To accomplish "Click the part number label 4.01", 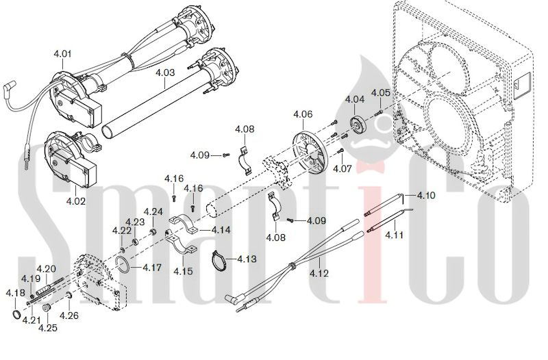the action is coord(62,54).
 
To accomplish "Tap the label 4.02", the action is coord(76,201).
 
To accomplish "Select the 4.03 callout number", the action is coord(165,73).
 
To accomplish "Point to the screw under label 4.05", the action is coord(378,112).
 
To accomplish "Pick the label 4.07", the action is coord(342,168).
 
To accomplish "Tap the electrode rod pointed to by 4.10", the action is coord(383,204).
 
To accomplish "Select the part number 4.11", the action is coord(395,235).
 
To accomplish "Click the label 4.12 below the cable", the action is coord(319,273).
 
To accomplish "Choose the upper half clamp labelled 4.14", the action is coord(184,224).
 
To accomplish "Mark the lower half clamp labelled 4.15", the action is coord(181,244).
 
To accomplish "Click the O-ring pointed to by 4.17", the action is coord(123,263).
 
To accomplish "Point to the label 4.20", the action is coord(46,269).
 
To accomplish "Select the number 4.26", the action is coord(69,316).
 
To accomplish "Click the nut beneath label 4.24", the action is coord(153,232).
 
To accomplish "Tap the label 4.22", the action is coord(122,231).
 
